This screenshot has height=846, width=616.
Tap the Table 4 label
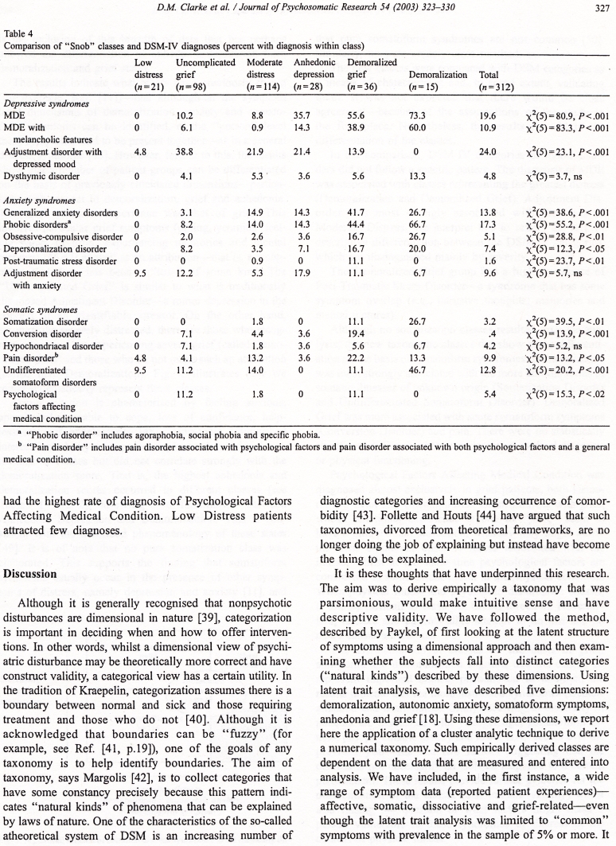[20, 33]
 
